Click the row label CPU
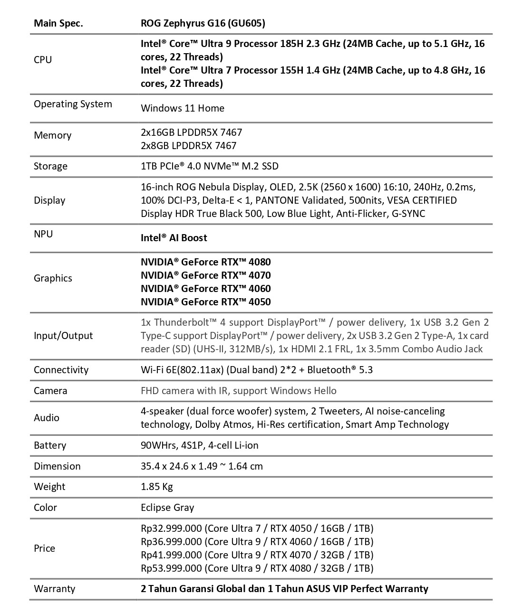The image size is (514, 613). (x=43, y=60)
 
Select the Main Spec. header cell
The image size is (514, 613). (x=58, y=23)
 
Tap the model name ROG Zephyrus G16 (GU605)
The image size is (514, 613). (x=203, y=23)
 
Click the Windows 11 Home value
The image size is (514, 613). (x=183, y=108)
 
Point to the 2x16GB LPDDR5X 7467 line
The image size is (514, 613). (x=191, y=132)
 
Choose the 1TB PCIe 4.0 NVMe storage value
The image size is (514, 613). (x=210, y=166)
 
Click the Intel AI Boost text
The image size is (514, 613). (x=174, y=238)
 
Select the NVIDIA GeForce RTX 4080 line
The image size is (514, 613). (x=206, y=262)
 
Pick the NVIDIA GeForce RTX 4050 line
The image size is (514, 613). (x=206, y=302)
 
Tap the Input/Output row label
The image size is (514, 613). (x=63, y=336)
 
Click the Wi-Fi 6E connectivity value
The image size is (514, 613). (x=257, y=370)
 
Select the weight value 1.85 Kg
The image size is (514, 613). (x=157, y=487)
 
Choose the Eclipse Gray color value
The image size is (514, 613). (x=167, y=508)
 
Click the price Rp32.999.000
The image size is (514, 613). (x=172, y=528)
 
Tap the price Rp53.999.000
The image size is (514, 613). (x=172, y=568)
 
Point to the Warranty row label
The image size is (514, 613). (x=55, y=589)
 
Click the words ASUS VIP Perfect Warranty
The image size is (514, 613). (x=365, y=589)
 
